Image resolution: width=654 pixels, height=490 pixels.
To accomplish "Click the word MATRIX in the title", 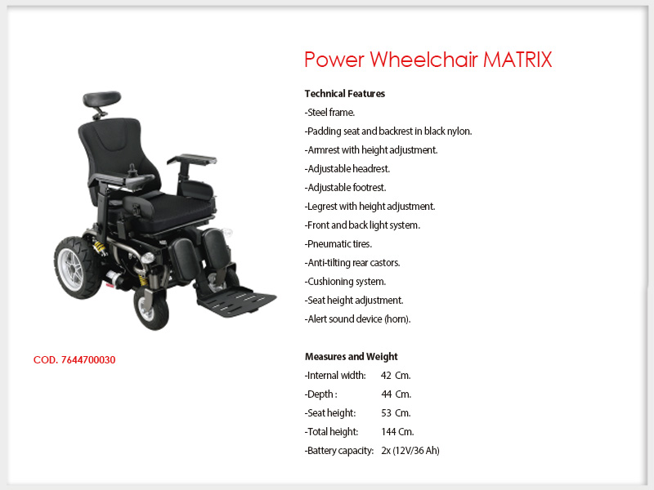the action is (517, 60).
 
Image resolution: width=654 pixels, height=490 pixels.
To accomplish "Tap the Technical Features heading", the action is (344, 94).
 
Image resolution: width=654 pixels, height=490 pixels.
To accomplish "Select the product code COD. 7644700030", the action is (74, 360).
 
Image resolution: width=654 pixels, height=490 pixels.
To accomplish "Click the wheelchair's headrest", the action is (101, 99).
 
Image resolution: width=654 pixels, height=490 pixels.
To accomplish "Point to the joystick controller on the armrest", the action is (133, 171).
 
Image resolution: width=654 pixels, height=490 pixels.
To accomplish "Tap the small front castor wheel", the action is (151, 309).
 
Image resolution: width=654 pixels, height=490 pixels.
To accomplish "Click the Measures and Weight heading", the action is (352, 357).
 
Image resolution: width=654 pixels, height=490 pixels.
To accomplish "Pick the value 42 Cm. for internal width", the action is (396, 376).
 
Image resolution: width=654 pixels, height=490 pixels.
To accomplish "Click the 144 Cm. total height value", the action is (397, 432).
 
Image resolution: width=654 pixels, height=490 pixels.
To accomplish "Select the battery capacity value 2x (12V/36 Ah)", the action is (410, 451).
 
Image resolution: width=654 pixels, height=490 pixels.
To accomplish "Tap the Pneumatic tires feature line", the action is (338, 243).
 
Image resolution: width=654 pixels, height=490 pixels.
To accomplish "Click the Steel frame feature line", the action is (329, 113).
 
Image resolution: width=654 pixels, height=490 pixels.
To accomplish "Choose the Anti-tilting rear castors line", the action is (352, 263).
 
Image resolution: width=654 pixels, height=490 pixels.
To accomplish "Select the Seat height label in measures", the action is (330, 413).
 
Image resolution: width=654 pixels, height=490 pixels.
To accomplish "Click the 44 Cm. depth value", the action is (396, 394).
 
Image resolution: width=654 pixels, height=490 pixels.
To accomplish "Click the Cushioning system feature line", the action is (345, 282).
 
